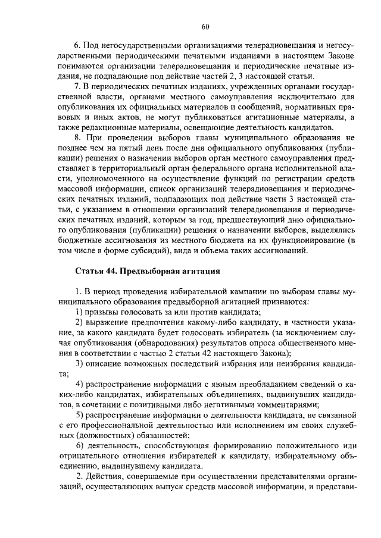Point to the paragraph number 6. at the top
point(77,45)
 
